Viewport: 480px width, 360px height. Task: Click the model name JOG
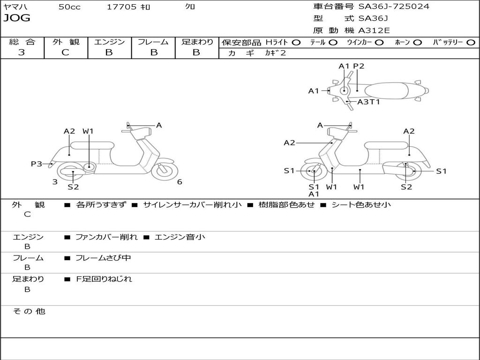coord(17,18)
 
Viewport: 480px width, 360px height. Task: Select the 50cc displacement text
coord(69,7)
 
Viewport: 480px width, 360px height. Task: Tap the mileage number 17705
coord(122,7)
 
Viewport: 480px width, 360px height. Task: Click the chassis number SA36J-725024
coord(394,6)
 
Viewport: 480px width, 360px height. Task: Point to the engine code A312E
coord(374,30)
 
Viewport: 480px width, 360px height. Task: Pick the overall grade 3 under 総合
coord(22,52)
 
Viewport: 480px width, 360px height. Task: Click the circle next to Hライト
coord(296,42)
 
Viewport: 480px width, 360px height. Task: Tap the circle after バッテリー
coord(471,42)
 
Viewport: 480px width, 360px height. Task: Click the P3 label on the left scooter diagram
coord(36,164)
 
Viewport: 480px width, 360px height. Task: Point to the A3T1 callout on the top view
coord(368,101)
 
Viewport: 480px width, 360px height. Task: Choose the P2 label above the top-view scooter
coord(359,66)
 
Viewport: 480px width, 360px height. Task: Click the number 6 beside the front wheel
coord(180,182)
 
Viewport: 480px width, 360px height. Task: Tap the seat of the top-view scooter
coord(387,90)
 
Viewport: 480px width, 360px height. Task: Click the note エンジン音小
coord(180,237)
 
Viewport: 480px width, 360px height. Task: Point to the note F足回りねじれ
coord(104,279)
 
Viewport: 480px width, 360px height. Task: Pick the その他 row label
coord(29,311)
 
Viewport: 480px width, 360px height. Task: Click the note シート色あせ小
coord(361,204)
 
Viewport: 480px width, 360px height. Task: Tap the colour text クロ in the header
coord(190,7)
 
